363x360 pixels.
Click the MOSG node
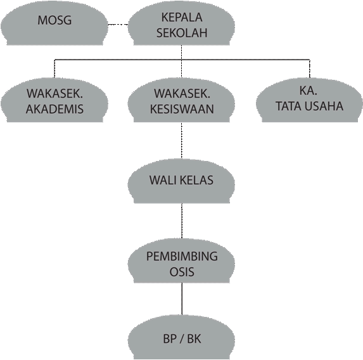point(54,23)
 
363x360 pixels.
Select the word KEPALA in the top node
point(182,17)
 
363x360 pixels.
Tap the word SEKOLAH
point(182,32)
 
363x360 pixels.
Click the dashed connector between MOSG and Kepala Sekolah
point(118,24)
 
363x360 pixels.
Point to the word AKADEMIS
point(54,109)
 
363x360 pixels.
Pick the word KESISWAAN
point(182,109)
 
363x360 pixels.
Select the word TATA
point(288,106)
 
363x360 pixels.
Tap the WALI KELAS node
point(181,181)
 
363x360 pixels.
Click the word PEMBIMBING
point(182,257)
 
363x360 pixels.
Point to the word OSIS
point(182,272)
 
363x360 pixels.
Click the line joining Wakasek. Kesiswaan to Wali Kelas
point(181,140)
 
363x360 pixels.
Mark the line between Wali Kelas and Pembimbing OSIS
point(182,221)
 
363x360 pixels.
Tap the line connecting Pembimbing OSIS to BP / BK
point(182,299)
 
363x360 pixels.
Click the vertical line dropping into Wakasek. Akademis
point(54,68)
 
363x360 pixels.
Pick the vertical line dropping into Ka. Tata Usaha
point(310,68)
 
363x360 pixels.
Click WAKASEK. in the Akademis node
point(54,93)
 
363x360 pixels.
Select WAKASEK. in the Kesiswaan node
point(182,93)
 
